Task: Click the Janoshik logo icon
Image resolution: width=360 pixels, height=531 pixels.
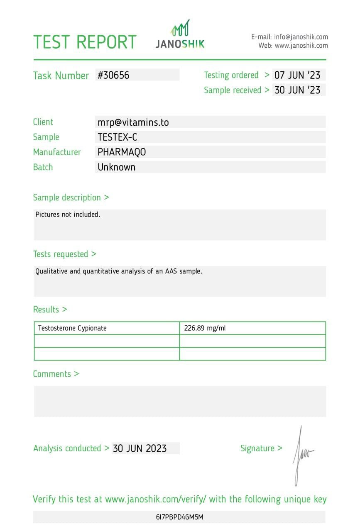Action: [x=180, y=28]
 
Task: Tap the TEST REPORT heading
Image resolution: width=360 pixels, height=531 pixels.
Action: [x=85, y=42]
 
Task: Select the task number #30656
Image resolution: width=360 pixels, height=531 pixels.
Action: [x=114, y=75]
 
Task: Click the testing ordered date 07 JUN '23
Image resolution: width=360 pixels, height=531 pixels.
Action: [x=297, y=75]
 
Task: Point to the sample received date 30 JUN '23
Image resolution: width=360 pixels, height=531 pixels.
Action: [x=297, y=90]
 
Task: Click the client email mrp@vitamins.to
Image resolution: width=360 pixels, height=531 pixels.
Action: [x=133, y=122]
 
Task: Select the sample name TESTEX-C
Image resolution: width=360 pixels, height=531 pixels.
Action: [x=118, y=137]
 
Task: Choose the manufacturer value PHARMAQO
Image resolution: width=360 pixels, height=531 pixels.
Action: [x=122, y=152]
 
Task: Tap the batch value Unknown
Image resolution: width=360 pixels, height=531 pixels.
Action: [x=117, y=167]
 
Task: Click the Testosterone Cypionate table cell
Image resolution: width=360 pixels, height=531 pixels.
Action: [x=73, y=328]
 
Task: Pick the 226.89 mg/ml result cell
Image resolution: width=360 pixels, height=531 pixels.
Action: [x=205, y=328]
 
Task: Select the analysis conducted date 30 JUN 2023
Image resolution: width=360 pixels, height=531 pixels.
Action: [x=140, y=448]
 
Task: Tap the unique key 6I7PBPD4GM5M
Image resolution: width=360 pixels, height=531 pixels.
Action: [x=179, y=517]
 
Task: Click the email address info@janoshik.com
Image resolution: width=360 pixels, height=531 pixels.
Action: [x=301, y=37]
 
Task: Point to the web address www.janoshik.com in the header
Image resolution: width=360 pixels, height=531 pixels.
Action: [x=301, y=46]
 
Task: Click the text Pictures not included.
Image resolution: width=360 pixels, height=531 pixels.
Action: [x=68, y=214]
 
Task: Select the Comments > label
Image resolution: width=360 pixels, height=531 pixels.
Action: [x=56, y=374]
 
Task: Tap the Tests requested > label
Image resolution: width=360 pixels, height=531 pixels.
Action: [x=64, y=254]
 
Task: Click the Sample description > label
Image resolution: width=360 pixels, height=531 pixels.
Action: [x=71, y=197]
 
